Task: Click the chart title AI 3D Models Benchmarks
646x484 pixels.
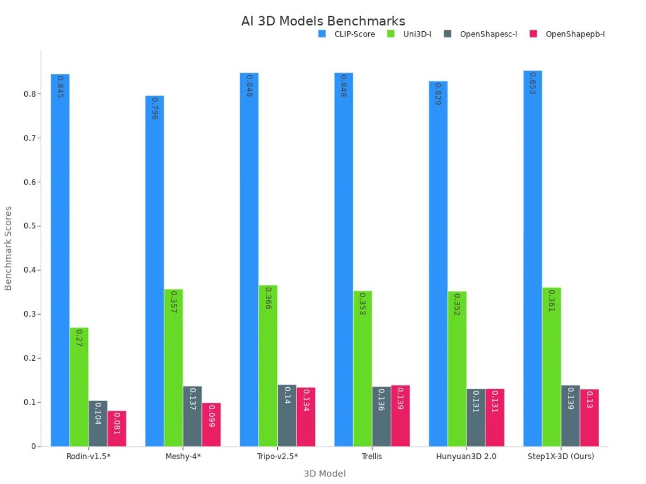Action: [323, 21]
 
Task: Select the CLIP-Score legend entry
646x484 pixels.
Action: [347, 34]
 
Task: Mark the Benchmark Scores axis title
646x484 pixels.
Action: [8, 248]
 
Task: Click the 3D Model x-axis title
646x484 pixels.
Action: [325, 474]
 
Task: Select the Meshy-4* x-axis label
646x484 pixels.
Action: [183, 457]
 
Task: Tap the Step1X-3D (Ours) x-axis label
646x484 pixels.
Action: [560, 457]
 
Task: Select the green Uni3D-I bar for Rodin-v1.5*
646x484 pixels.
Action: [79, 387]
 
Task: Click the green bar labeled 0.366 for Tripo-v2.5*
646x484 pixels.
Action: [268, 366]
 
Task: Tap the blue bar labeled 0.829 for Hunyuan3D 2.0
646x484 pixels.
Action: [438, 264]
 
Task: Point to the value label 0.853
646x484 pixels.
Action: [532, 83]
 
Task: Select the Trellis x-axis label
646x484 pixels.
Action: [372, 457]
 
